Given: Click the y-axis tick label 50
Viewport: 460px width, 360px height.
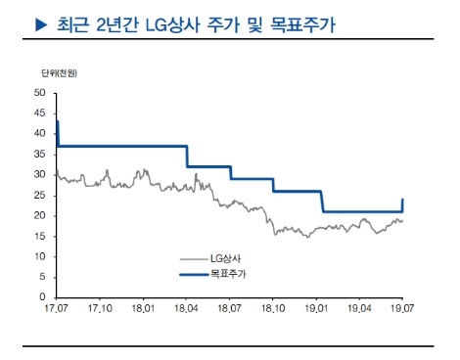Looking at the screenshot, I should (x=40, y=93).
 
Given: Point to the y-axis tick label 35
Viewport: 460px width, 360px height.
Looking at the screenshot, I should (x=40, y=154).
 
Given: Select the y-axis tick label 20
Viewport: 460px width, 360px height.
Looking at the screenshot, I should (x=40, y=215).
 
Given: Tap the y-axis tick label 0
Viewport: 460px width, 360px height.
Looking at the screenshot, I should (x=43, y=296).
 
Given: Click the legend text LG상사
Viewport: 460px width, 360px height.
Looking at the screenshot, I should (x=227, y=256).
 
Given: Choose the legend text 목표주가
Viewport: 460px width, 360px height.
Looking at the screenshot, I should (x=231, y=276).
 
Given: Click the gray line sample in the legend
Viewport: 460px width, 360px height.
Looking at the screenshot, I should (x=193, y=256).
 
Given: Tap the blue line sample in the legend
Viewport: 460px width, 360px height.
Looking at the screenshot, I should (x=193, y=276).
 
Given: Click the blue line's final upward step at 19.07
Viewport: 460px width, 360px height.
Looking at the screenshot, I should (x=402, y=205).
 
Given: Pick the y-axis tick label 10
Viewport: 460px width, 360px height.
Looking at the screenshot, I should (x=40, y=256).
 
